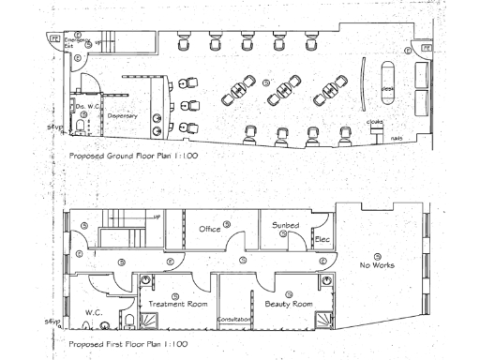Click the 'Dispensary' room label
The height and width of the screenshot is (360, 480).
point(123,115)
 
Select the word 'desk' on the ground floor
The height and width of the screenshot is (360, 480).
point(387,88)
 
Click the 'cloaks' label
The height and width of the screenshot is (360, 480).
point(376,122)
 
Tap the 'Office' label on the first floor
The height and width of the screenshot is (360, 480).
point(211,228)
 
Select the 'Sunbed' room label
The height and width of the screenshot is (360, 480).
point(286,226)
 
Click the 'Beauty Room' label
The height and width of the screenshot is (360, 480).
point(288,305)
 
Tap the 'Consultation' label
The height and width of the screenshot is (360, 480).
point(233,320)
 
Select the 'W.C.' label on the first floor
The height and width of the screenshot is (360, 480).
point(94,312)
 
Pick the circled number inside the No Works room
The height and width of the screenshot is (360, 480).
point(378,255)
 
